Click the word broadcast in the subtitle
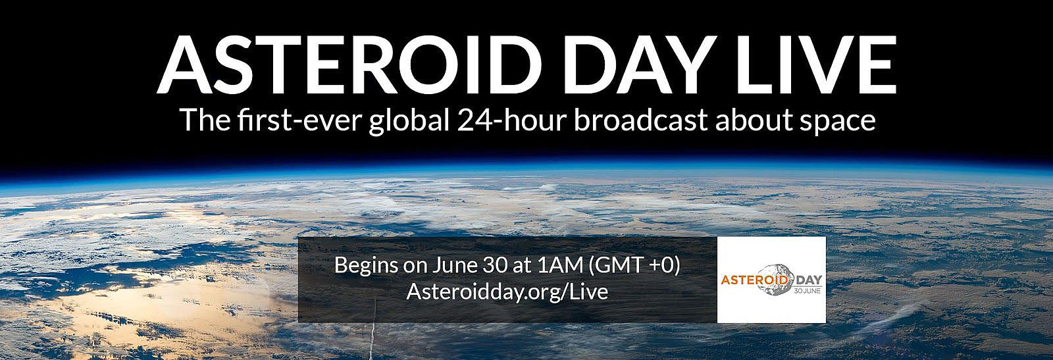pyautogui.click(x=641, y=120)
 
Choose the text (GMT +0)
pyautogui.click(x=634, y=266)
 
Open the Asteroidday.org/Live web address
pyautogui.click(x=507, y=292)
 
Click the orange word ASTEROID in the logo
pyautogui.click(x=754, y=280)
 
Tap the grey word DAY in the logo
pyautogui.click(x=808, y=280)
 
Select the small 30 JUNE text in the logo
pyautogui.click(x=807, y=292)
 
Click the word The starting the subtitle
pyautogui.click(x=205, y=120)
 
